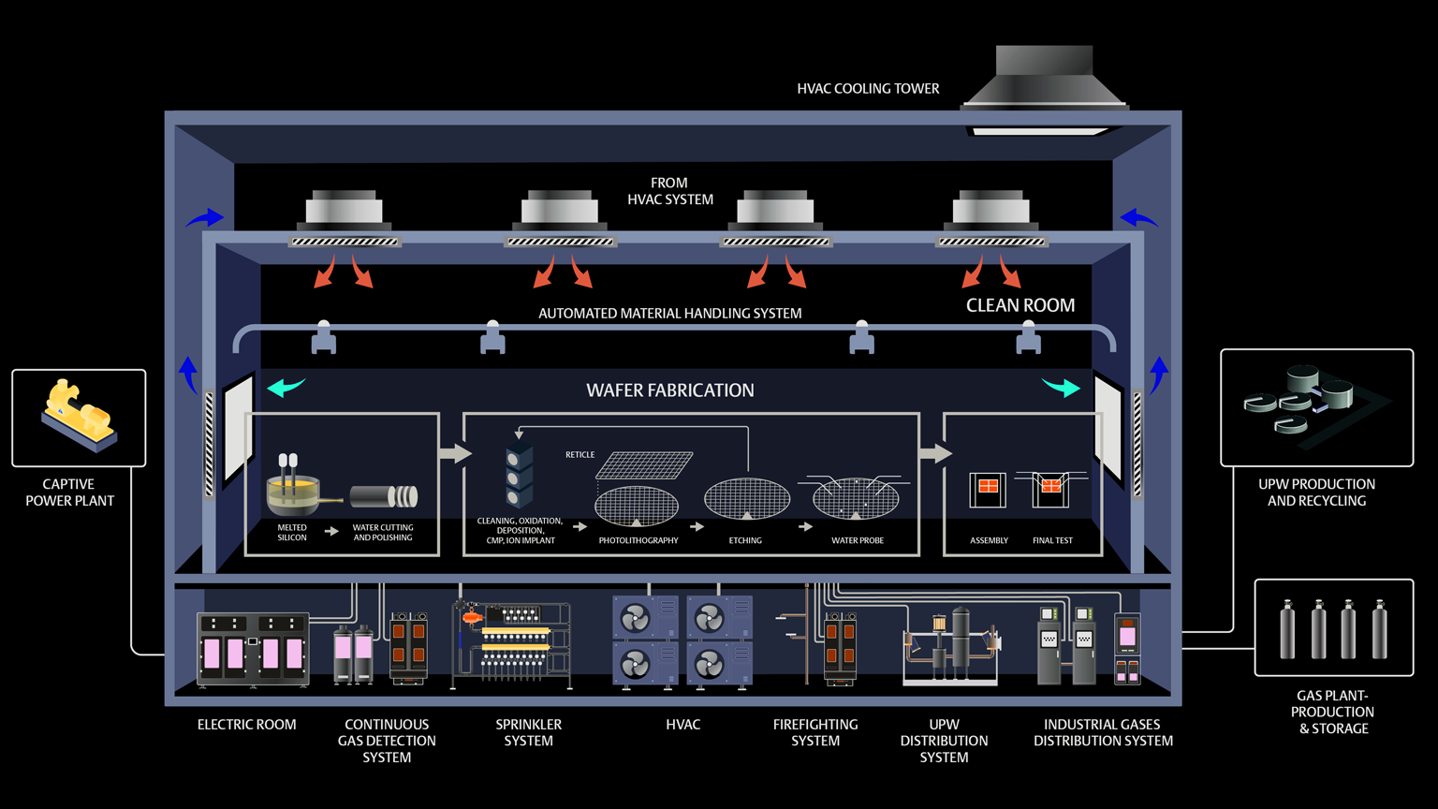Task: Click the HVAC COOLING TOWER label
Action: (x=868, y=89)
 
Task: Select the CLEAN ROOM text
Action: (x=1020, y=305)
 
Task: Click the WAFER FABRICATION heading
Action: (x=669, y=390)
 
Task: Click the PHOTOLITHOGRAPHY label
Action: (x=638, y=540)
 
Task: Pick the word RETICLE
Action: (x=580, y=455)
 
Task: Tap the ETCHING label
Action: (x=745, y=540)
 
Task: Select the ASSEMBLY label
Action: (x=989, y=540)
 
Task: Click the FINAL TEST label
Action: (x=1052, y=540)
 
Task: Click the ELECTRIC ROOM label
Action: (x=246, y=725)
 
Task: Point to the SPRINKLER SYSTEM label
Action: (x=528, y=732)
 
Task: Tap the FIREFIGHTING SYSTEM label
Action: (x=815, y=732)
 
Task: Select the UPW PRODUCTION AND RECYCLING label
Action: (x=1316, y=493)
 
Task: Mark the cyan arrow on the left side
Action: (x=286, y=387)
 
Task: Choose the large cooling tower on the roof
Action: (x=1044, y=80)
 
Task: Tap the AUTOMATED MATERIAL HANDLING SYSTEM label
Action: (x=669, y=314)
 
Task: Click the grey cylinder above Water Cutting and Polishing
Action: (x=384, y=496)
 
